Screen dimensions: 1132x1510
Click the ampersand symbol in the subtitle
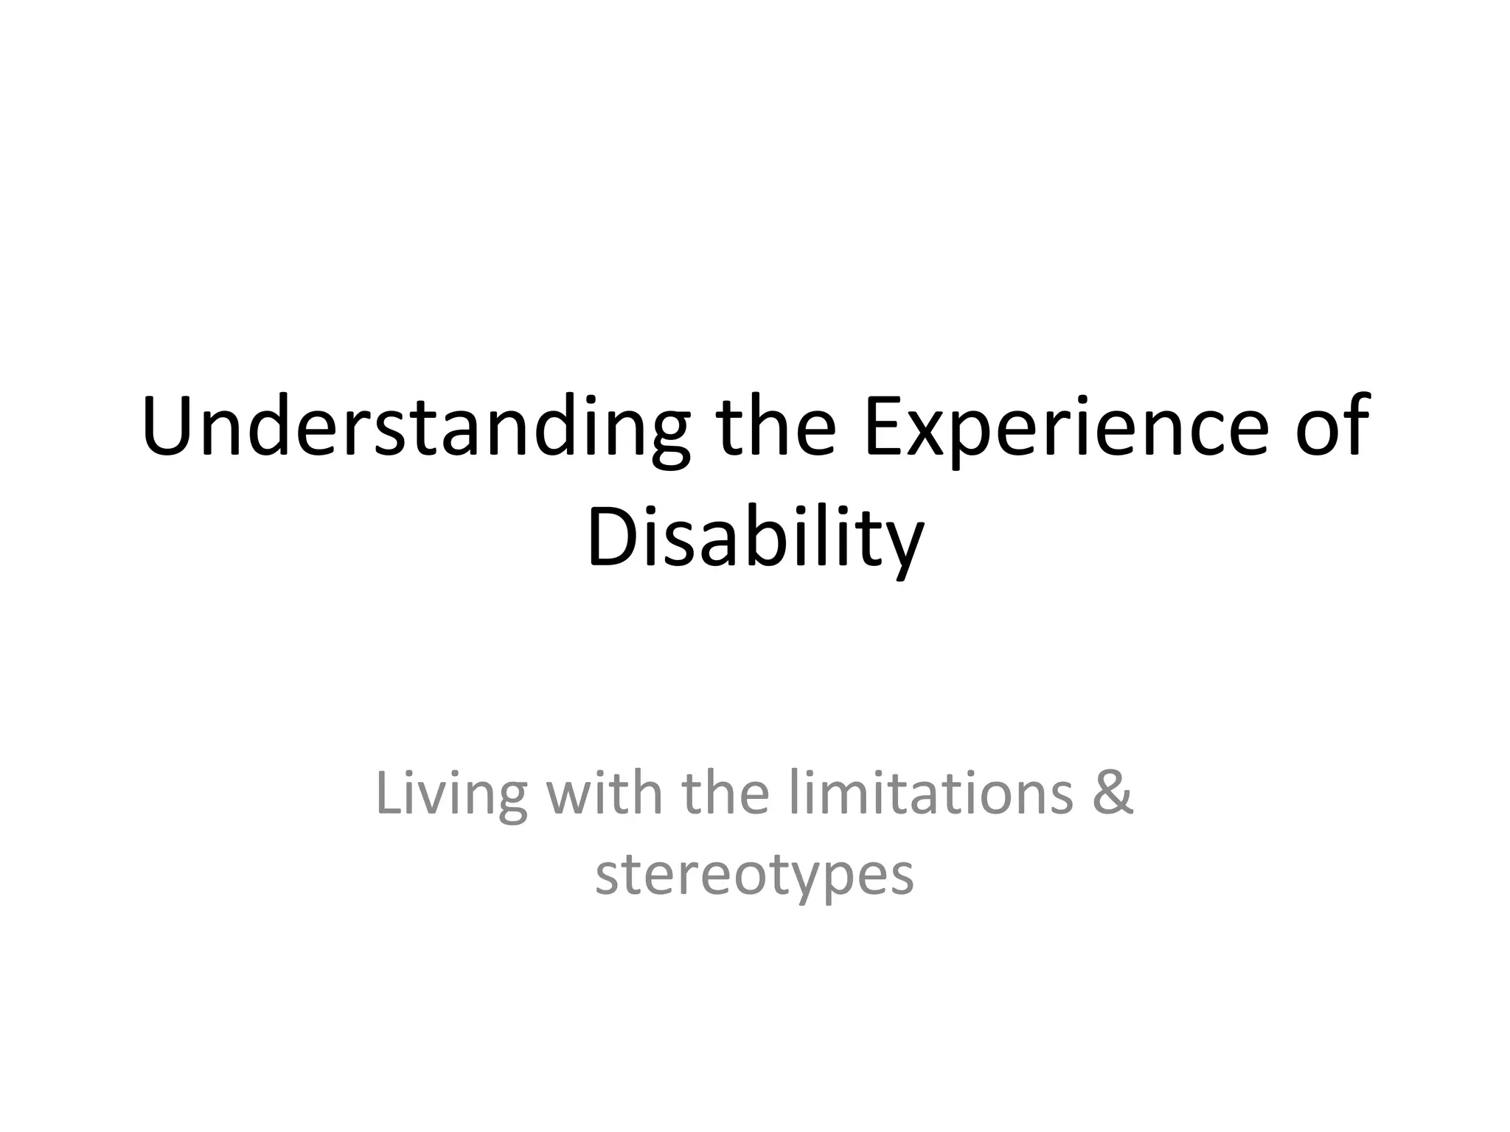(1113, 794)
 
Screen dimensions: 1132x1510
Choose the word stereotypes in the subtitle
(754, 876)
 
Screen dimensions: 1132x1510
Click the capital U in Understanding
(169, 427)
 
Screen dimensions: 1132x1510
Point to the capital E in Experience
(883, 427)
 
